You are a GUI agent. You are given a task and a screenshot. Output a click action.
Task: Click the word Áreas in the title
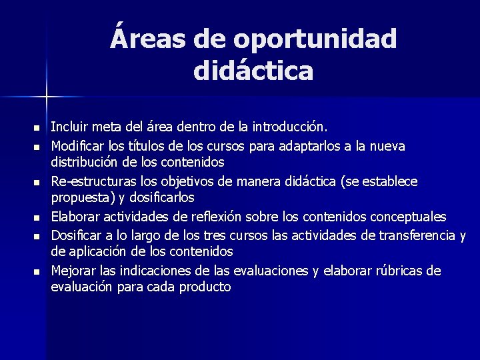tap(149, 39)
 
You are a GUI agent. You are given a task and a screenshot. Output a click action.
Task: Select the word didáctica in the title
tap(253, 71)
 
